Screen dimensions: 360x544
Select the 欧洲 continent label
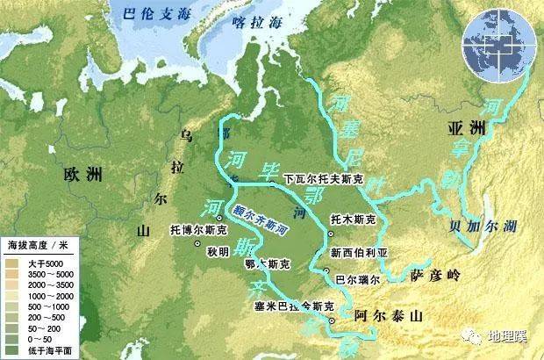click(x=84, y=173)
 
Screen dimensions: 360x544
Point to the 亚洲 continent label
click(x=464, y=128)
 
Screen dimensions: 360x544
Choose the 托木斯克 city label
click(x=356, y=218)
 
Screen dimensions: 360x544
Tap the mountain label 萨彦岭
click(x=435, y=277)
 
